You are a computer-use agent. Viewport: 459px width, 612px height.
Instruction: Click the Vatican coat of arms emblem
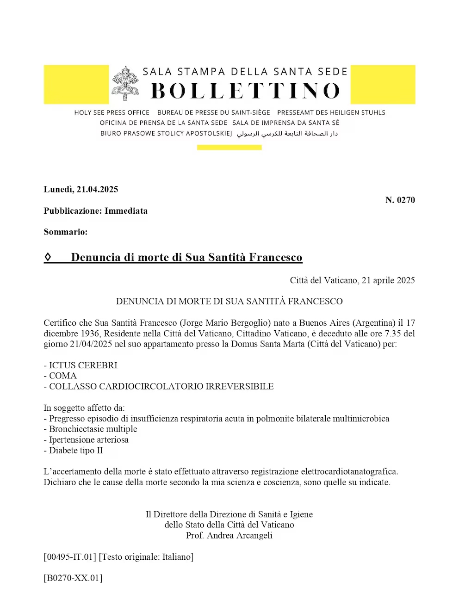tap(125, 83)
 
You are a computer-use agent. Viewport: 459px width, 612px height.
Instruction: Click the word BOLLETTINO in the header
tap(245, 91)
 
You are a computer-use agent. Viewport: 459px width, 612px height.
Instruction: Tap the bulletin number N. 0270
tap(400, 200)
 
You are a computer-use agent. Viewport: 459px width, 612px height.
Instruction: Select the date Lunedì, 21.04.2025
tap(81, 189)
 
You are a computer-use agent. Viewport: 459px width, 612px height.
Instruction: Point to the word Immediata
tap(126, 211)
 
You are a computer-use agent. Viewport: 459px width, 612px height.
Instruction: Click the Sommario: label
tap(66, 232)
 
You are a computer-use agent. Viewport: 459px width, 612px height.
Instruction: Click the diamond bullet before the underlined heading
tap(48, 257)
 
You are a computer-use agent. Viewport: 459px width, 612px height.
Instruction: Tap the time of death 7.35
tap(393, 334)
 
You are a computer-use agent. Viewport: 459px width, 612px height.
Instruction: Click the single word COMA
tap(63, 376)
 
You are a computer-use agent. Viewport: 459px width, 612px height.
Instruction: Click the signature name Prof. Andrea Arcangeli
tap(229, 536)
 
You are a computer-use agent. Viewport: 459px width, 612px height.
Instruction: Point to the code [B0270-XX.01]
tap(73, 578)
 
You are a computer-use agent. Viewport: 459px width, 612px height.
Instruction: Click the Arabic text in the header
tap(287, 134)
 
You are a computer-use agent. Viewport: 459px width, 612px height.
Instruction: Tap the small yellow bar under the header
tap(229, 148)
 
